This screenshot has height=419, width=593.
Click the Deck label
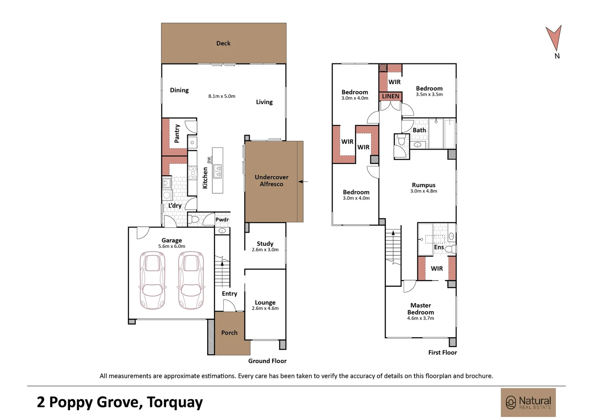(223, 43)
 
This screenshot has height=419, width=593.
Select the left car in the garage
(153, 280)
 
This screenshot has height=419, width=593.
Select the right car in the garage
(191, 280)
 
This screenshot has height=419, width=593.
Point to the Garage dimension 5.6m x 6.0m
(172, 246)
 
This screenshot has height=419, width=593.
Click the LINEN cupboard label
(390, 96)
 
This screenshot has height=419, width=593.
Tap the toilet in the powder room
(194, 219)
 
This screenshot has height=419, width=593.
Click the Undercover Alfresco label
(271, 180)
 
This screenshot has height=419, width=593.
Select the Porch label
(229, 333)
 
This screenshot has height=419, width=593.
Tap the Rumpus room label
(423, 185)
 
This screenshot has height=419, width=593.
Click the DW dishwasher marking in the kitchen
(209, 160)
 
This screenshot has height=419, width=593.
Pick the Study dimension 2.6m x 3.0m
(265, 249)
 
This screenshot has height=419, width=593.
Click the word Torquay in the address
(175, 402)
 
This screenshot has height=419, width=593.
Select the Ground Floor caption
(267, 361)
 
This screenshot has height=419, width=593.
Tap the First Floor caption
(443, 352)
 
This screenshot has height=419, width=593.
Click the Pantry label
(177, 134)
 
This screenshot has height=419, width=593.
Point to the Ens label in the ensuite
(439, 247)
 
